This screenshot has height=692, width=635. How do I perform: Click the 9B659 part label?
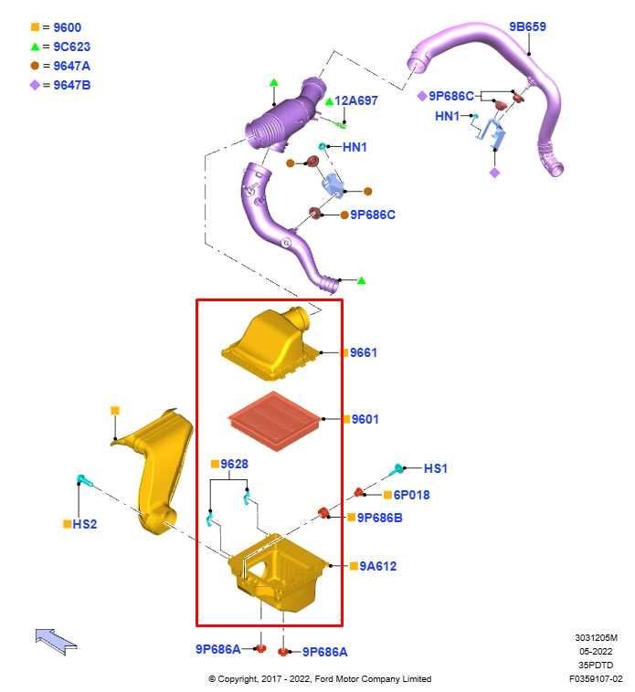(527, 26)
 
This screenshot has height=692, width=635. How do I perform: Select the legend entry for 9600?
(56, 27)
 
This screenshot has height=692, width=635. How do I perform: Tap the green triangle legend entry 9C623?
(60, 47)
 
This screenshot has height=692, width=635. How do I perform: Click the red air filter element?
(275, 421)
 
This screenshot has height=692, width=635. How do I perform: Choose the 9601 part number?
(365, 419)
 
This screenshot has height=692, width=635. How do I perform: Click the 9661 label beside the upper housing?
(364, 352)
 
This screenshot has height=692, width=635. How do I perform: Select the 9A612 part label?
(378, 566)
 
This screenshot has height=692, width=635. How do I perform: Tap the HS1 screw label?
(436, 468)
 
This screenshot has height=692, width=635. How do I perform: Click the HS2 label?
(84, 524)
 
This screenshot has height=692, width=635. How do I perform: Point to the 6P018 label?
(411, 495)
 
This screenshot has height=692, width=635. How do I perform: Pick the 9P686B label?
(380, 518)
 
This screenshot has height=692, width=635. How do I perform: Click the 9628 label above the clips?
(234, 464)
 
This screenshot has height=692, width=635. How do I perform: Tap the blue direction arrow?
(56, 640)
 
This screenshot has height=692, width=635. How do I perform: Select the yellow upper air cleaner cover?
(270, 344)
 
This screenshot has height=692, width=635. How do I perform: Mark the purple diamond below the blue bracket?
(495, 173)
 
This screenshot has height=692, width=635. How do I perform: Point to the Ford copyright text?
(320, 678)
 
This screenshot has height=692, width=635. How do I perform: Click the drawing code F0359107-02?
(596, 678)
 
